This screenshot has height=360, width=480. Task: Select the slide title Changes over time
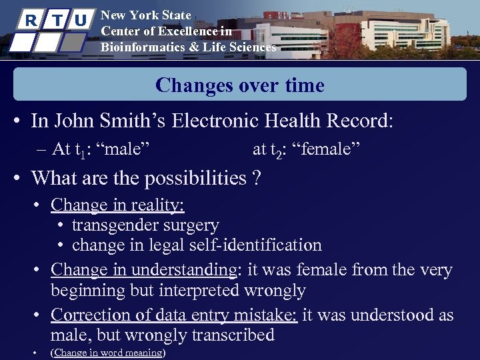(x=240, y=85)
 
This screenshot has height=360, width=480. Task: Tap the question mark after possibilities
(x=257, y=178)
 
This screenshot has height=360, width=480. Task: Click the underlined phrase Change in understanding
(x=146, y=270)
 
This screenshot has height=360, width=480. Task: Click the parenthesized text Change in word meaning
(x=108, y=352)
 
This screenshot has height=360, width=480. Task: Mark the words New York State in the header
(x=145, y=15)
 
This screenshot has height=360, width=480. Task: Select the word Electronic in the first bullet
(x=214, y=121)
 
